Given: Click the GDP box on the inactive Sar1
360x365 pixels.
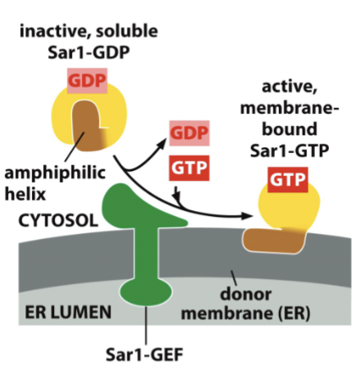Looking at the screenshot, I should [87, 81].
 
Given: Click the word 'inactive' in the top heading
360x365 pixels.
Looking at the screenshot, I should [52, 33].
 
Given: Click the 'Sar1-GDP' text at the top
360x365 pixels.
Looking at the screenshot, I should [88, 54].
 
